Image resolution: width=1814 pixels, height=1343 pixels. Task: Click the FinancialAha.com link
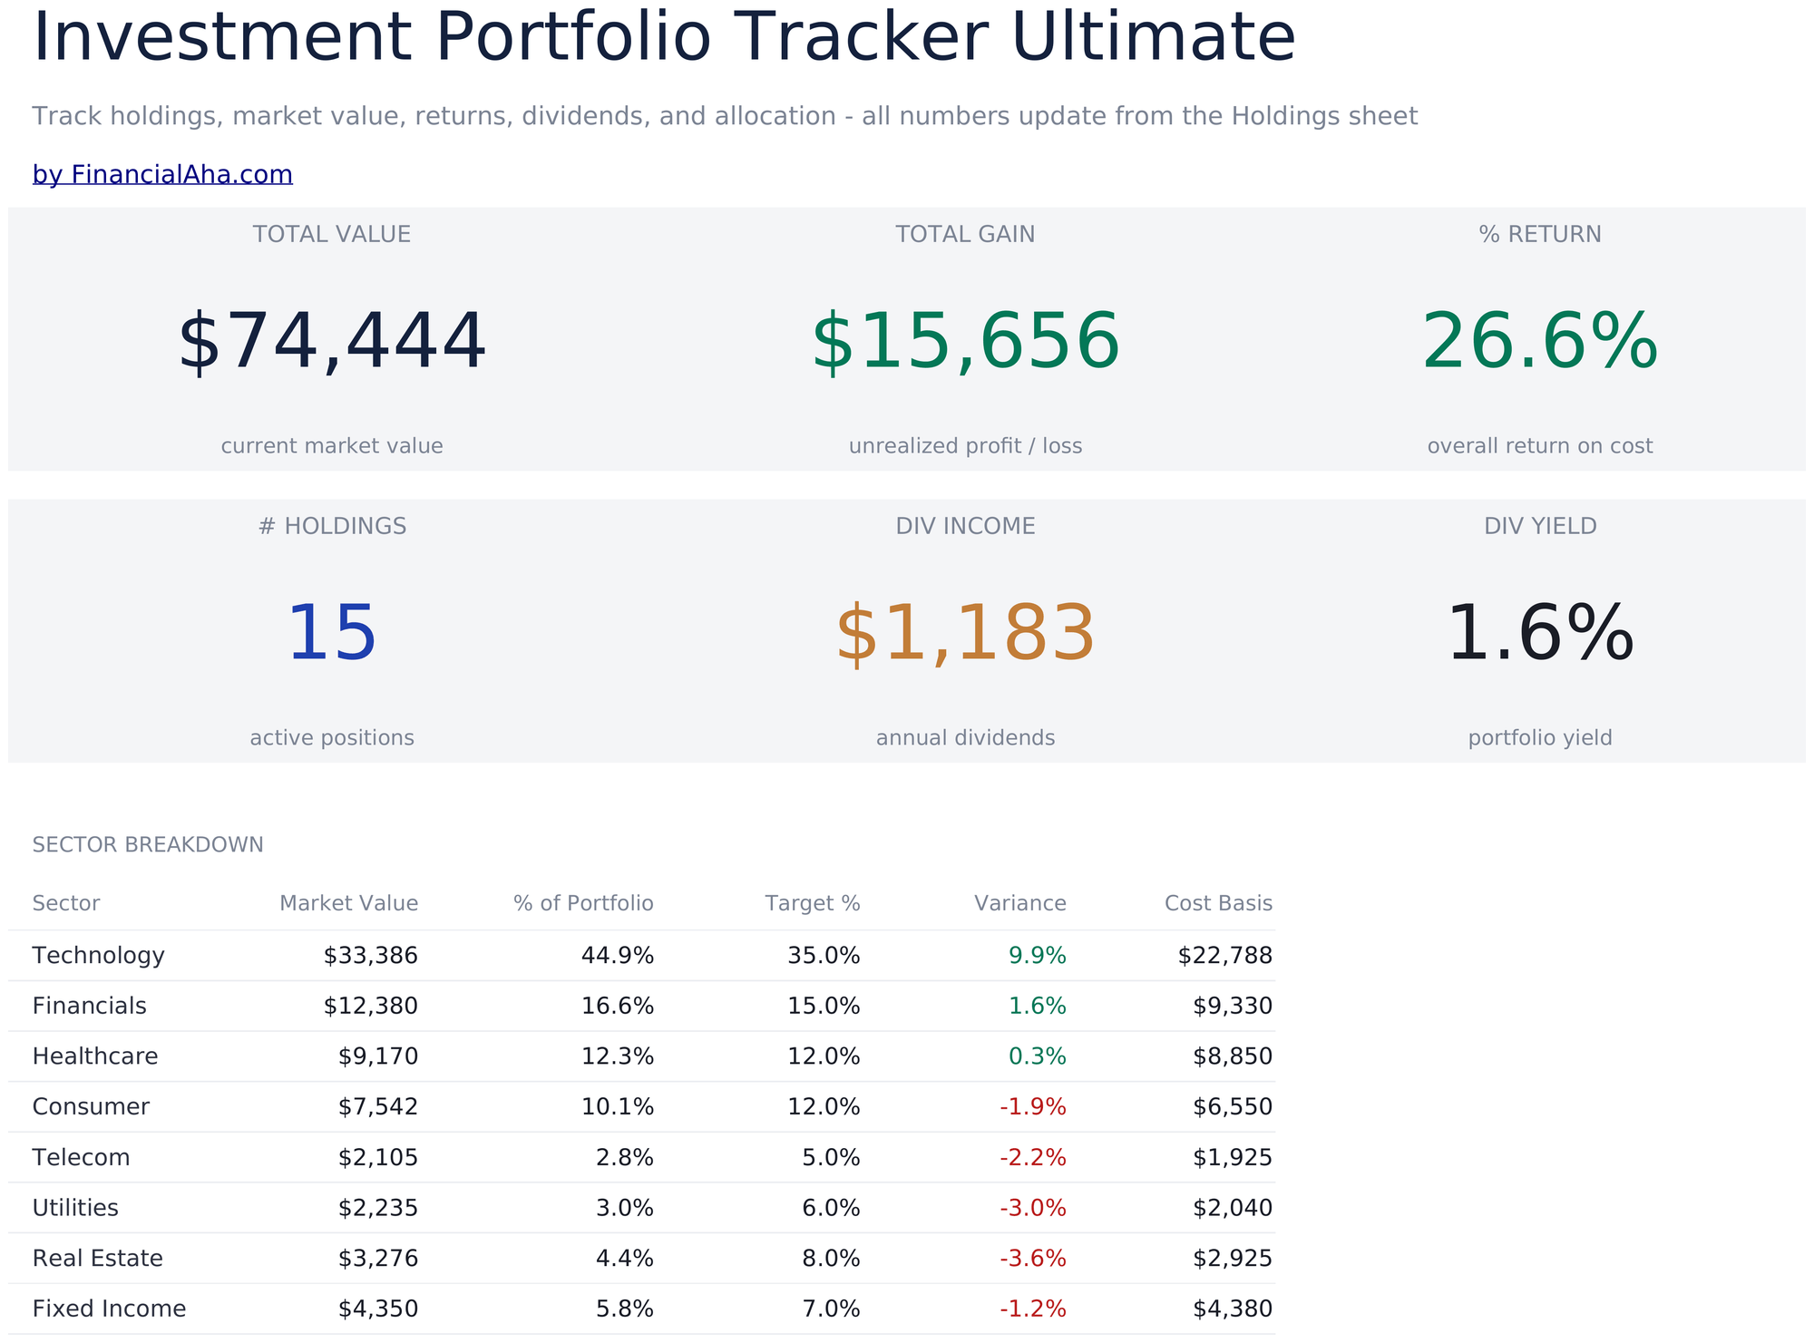tap(162, 174)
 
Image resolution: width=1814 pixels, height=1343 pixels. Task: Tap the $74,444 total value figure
tap(332, 342)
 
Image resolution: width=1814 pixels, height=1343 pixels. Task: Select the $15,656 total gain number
tap(965, 342)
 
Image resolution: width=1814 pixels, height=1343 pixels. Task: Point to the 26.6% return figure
tap(1540, 342)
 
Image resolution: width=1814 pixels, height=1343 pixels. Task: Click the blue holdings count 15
tap(332, 634)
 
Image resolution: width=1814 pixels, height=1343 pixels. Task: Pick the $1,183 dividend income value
tap(965, 634)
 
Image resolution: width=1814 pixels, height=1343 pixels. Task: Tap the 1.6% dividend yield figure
tap(1540, 634)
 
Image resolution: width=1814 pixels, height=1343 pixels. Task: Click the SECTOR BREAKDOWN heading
tap(148, 845)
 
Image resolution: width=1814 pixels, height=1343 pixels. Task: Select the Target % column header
tap(813, 903)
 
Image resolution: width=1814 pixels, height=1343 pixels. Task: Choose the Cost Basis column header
tap(1218, 903)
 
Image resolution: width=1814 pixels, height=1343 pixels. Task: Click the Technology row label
tap(99, 956)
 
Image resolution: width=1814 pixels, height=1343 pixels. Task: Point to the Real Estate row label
tap(98, 1259)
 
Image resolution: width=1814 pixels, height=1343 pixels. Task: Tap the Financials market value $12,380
tap(371, 1006)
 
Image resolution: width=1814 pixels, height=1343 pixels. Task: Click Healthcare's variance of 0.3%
tap(1038, 1056)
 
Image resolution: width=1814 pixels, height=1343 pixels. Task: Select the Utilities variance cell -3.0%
tap(1033, 1208)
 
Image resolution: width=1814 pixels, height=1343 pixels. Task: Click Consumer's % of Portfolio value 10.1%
tap(618, 1107)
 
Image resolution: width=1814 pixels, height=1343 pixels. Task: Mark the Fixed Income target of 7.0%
tap(832, 1309)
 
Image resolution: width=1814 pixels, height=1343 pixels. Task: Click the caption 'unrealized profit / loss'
tap(965, 446)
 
